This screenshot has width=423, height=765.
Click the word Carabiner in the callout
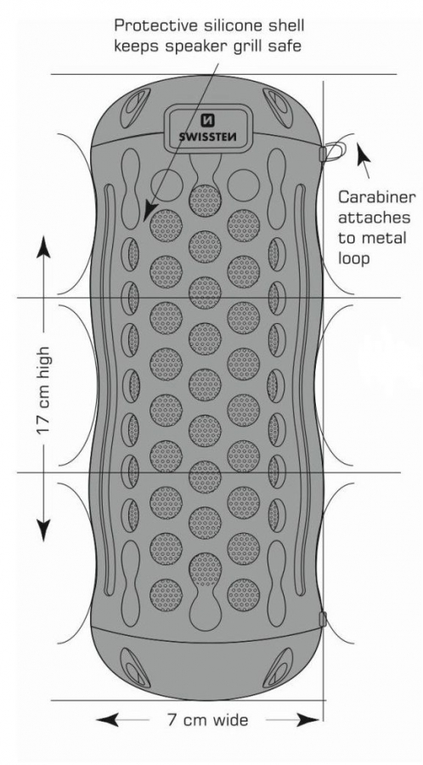[x=377, y=197]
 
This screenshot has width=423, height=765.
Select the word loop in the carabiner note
[x=354, y=258]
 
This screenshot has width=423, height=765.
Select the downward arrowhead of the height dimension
[x=43, y=530]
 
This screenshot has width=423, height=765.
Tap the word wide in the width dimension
[x=229, y=720]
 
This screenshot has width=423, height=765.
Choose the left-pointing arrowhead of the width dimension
[x=107, y=720]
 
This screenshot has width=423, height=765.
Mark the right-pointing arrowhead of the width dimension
[x=308, y=720]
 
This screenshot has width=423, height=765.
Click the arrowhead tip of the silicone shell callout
[x=146, y=219]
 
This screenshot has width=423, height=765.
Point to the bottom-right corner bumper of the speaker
[x=279, y=667]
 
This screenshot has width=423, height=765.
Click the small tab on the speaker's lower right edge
[x=322, y=619]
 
